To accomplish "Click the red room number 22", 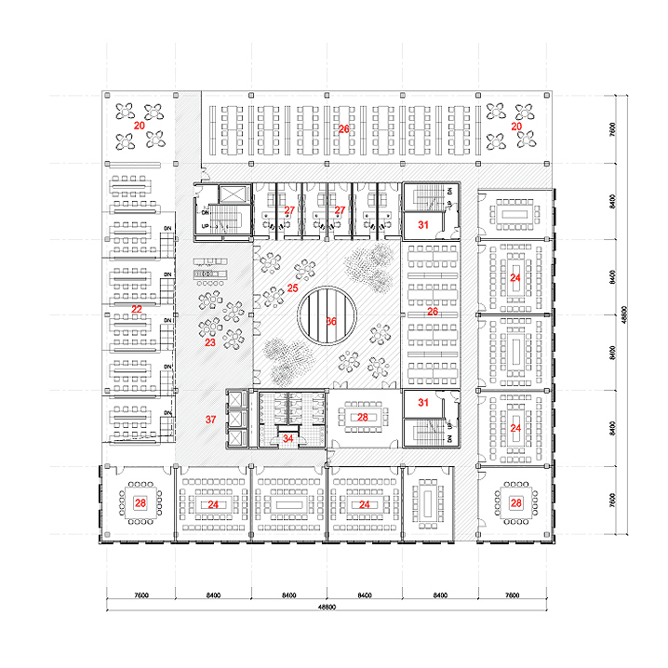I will (137, 308).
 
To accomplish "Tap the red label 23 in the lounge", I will (209, 343).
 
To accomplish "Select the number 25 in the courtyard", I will (292, 289).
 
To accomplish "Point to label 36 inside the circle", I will (331, 321).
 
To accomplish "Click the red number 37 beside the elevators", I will (210, 420).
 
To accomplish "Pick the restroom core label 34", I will (288, 438).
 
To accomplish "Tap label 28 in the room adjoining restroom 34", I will (364, 417).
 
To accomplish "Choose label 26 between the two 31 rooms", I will (432, 312).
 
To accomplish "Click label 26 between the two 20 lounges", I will (343, 129).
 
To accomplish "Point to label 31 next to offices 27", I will (423, 224).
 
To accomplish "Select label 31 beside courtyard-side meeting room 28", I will (423, 403).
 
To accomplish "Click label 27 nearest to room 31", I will (341, 211).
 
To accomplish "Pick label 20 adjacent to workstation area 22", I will (139, 124).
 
